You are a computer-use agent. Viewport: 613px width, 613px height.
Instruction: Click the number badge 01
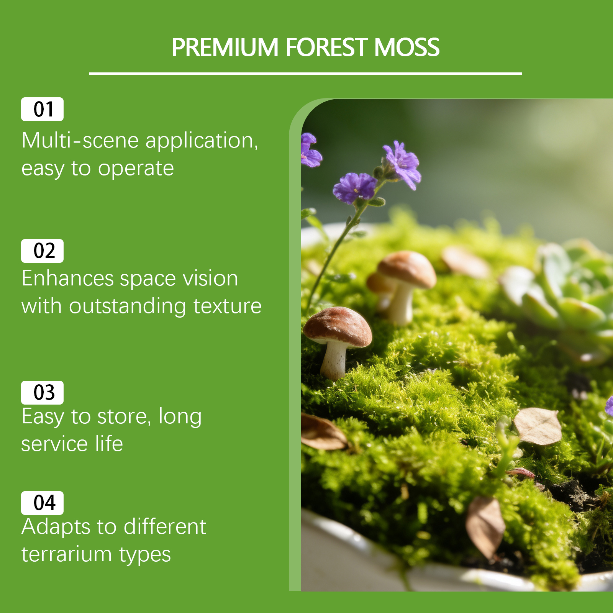click(42, 109)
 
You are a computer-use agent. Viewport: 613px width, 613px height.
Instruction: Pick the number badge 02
click(42, 251)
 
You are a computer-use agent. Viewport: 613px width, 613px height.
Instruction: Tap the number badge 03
click(42, 393)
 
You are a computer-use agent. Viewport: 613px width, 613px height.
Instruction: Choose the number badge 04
click(42, 503)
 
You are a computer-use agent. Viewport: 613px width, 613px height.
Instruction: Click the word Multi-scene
click(80, 140)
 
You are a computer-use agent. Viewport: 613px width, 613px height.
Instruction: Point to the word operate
click(136, 169)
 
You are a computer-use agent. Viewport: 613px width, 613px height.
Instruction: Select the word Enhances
click(68, 278)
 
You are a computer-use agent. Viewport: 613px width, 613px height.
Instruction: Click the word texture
click(228, 306)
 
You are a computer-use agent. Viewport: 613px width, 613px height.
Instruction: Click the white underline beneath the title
click(305, 73)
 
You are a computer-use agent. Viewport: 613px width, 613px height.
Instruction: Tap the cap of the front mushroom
click(337, 326)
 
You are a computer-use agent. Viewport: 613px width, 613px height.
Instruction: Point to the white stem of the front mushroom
click(333, 360)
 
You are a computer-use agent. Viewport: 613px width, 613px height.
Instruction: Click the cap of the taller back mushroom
click(407, 268)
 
